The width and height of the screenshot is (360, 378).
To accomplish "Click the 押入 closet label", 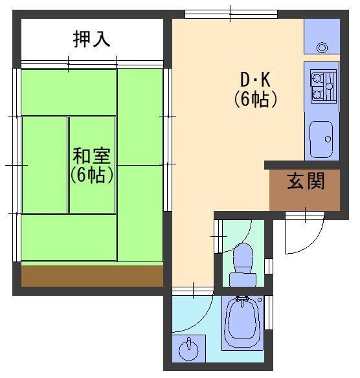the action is click(92, 39).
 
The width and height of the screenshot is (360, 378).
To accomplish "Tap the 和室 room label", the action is click(92, 156).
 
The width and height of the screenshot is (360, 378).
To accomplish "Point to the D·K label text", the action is click(255, 80).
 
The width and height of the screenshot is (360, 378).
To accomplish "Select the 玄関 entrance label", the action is click(306, 181).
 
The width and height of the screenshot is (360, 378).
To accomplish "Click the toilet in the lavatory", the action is click(243, 265).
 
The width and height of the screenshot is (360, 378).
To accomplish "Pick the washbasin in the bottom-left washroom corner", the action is click(188, 348).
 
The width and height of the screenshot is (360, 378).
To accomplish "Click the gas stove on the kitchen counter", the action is click(323, 86).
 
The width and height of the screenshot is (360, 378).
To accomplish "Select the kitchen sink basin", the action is click(321, 139).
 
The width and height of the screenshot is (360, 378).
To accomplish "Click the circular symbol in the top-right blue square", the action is click(322, 47).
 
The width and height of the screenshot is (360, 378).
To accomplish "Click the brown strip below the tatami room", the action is click(93, 276).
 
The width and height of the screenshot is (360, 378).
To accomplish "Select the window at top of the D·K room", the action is click(231, 14).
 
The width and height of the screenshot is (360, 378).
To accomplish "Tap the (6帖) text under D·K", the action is click(255, 99).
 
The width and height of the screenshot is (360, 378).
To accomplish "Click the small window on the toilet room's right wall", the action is click(269, 266).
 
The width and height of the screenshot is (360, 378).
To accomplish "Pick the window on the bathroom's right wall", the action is click(269, 313).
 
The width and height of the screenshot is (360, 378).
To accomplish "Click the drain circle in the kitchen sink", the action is click(328, 139).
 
